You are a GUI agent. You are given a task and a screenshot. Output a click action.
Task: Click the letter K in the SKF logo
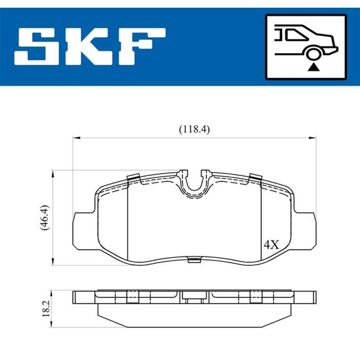point(87,47)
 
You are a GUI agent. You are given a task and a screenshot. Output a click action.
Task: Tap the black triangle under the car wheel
point(314,67)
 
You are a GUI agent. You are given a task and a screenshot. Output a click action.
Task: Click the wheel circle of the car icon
point(313,54)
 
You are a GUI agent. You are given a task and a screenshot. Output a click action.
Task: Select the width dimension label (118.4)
point(194,130)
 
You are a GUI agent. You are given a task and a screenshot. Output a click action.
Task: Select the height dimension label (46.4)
point(45,217)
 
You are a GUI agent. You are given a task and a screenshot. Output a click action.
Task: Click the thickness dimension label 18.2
point(46,309)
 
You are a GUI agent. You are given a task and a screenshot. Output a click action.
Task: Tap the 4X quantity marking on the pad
point(272,245)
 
